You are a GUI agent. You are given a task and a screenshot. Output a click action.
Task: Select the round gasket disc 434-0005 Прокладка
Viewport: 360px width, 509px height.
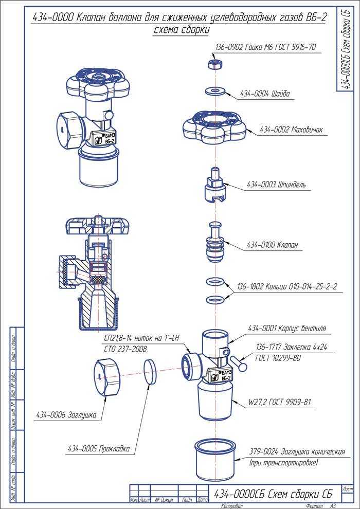149,372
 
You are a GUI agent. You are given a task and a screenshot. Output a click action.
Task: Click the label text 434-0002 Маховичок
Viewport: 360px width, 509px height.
291,130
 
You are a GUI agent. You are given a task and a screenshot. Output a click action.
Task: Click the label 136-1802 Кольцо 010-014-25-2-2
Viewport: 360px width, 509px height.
286,286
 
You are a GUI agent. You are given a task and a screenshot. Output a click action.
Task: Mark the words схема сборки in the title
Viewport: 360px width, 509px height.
181,29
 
